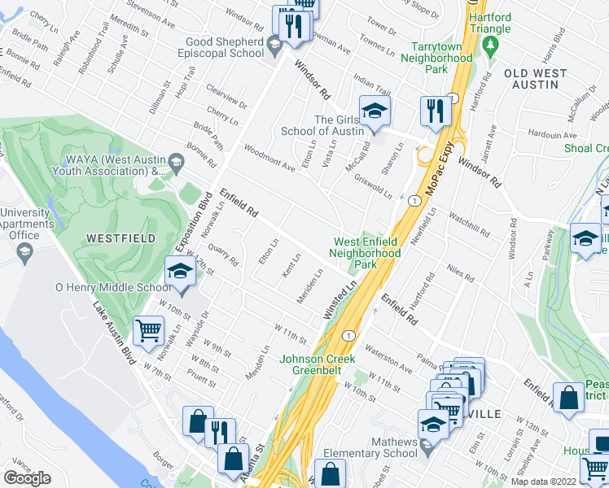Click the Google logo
click(27, 478)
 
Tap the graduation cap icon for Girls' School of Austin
click(375, 112)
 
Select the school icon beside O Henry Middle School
click(180, 273)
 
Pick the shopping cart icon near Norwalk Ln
click(148, 332)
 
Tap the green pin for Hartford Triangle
click(489, 41)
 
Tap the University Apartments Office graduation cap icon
click(22, 255)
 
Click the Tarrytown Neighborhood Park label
click(441, 59)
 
